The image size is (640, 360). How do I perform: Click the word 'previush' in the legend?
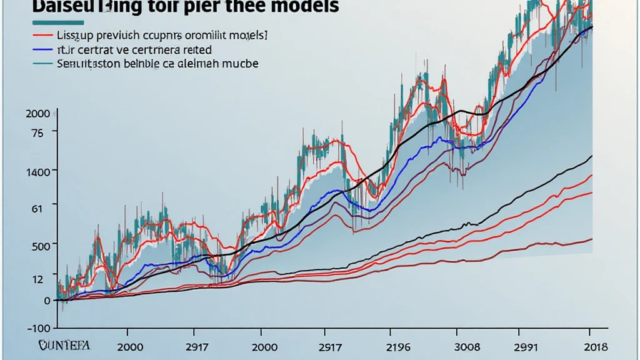coord(117,34)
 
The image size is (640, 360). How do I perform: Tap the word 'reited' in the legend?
coord(194,49)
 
